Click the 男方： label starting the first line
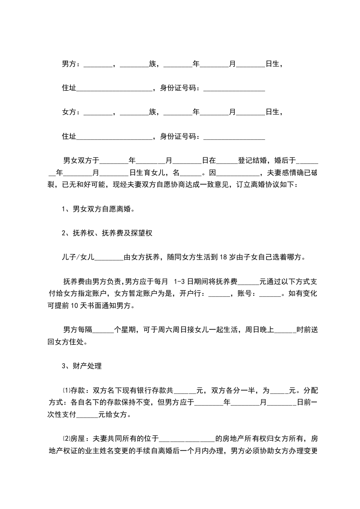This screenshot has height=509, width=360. click(72, 64)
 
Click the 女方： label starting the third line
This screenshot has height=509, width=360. click(72, 112)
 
